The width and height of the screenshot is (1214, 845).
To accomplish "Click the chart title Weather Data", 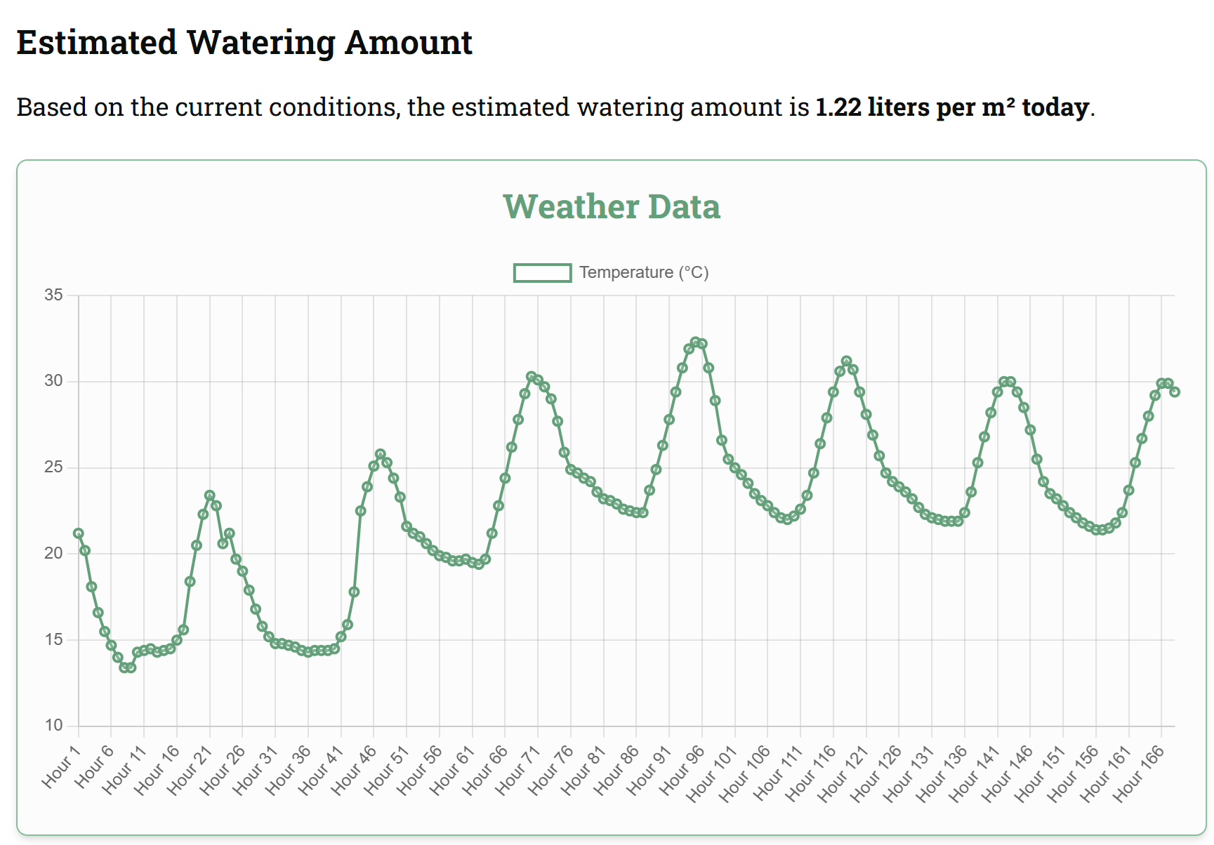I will (x=612, y=207).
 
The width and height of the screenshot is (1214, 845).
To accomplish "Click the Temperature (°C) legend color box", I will (x=542, y=273).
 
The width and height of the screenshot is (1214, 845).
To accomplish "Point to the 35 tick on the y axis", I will (x=53, y=295).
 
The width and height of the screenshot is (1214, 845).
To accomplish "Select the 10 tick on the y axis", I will (x=53, y=726).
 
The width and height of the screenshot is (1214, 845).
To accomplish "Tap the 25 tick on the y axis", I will (x=53, y=467).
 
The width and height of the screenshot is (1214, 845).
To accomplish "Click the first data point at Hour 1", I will (x=79, y=533).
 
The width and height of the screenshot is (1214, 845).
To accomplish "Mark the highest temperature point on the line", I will (x=696, y=342).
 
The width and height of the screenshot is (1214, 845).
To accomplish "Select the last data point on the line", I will (x=1175, y=392).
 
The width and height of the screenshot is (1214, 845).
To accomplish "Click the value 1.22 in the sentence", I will (x=838, y=107).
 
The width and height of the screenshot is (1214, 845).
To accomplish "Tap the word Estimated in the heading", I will (x=97, y=42).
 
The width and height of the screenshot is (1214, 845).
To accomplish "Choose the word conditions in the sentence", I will (x=334, y=107).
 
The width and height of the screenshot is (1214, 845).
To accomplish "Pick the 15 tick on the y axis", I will (x=53, y=640).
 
